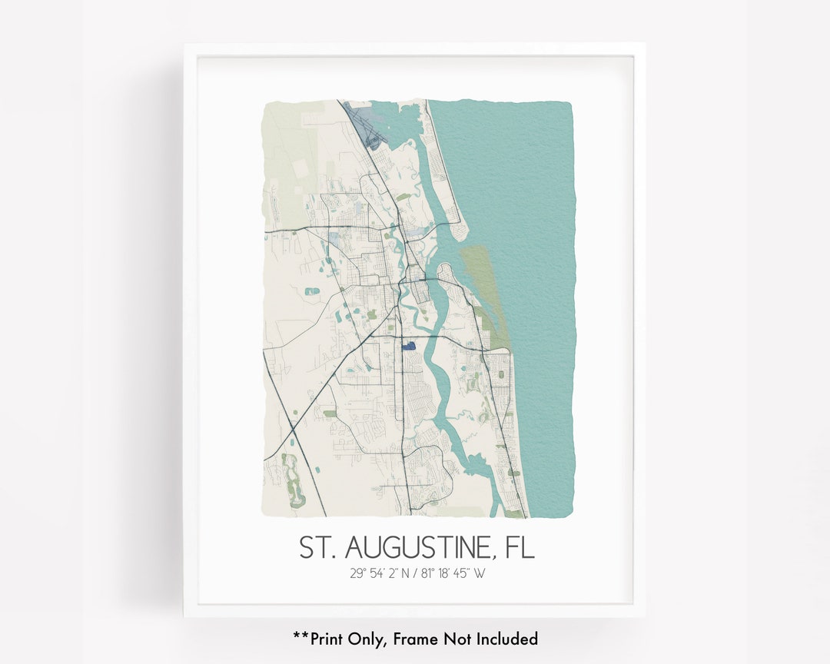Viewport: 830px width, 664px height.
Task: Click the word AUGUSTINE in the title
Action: tap(417, 548)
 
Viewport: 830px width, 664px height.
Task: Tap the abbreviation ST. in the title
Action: tap(317, 548)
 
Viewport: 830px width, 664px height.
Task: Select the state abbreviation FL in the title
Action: tap(520, 548)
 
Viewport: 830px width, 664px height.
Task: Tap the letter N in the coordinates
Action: tap(406, 573)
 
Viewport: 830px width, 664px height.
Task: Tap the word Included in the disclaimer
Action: tap(506, 639)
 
